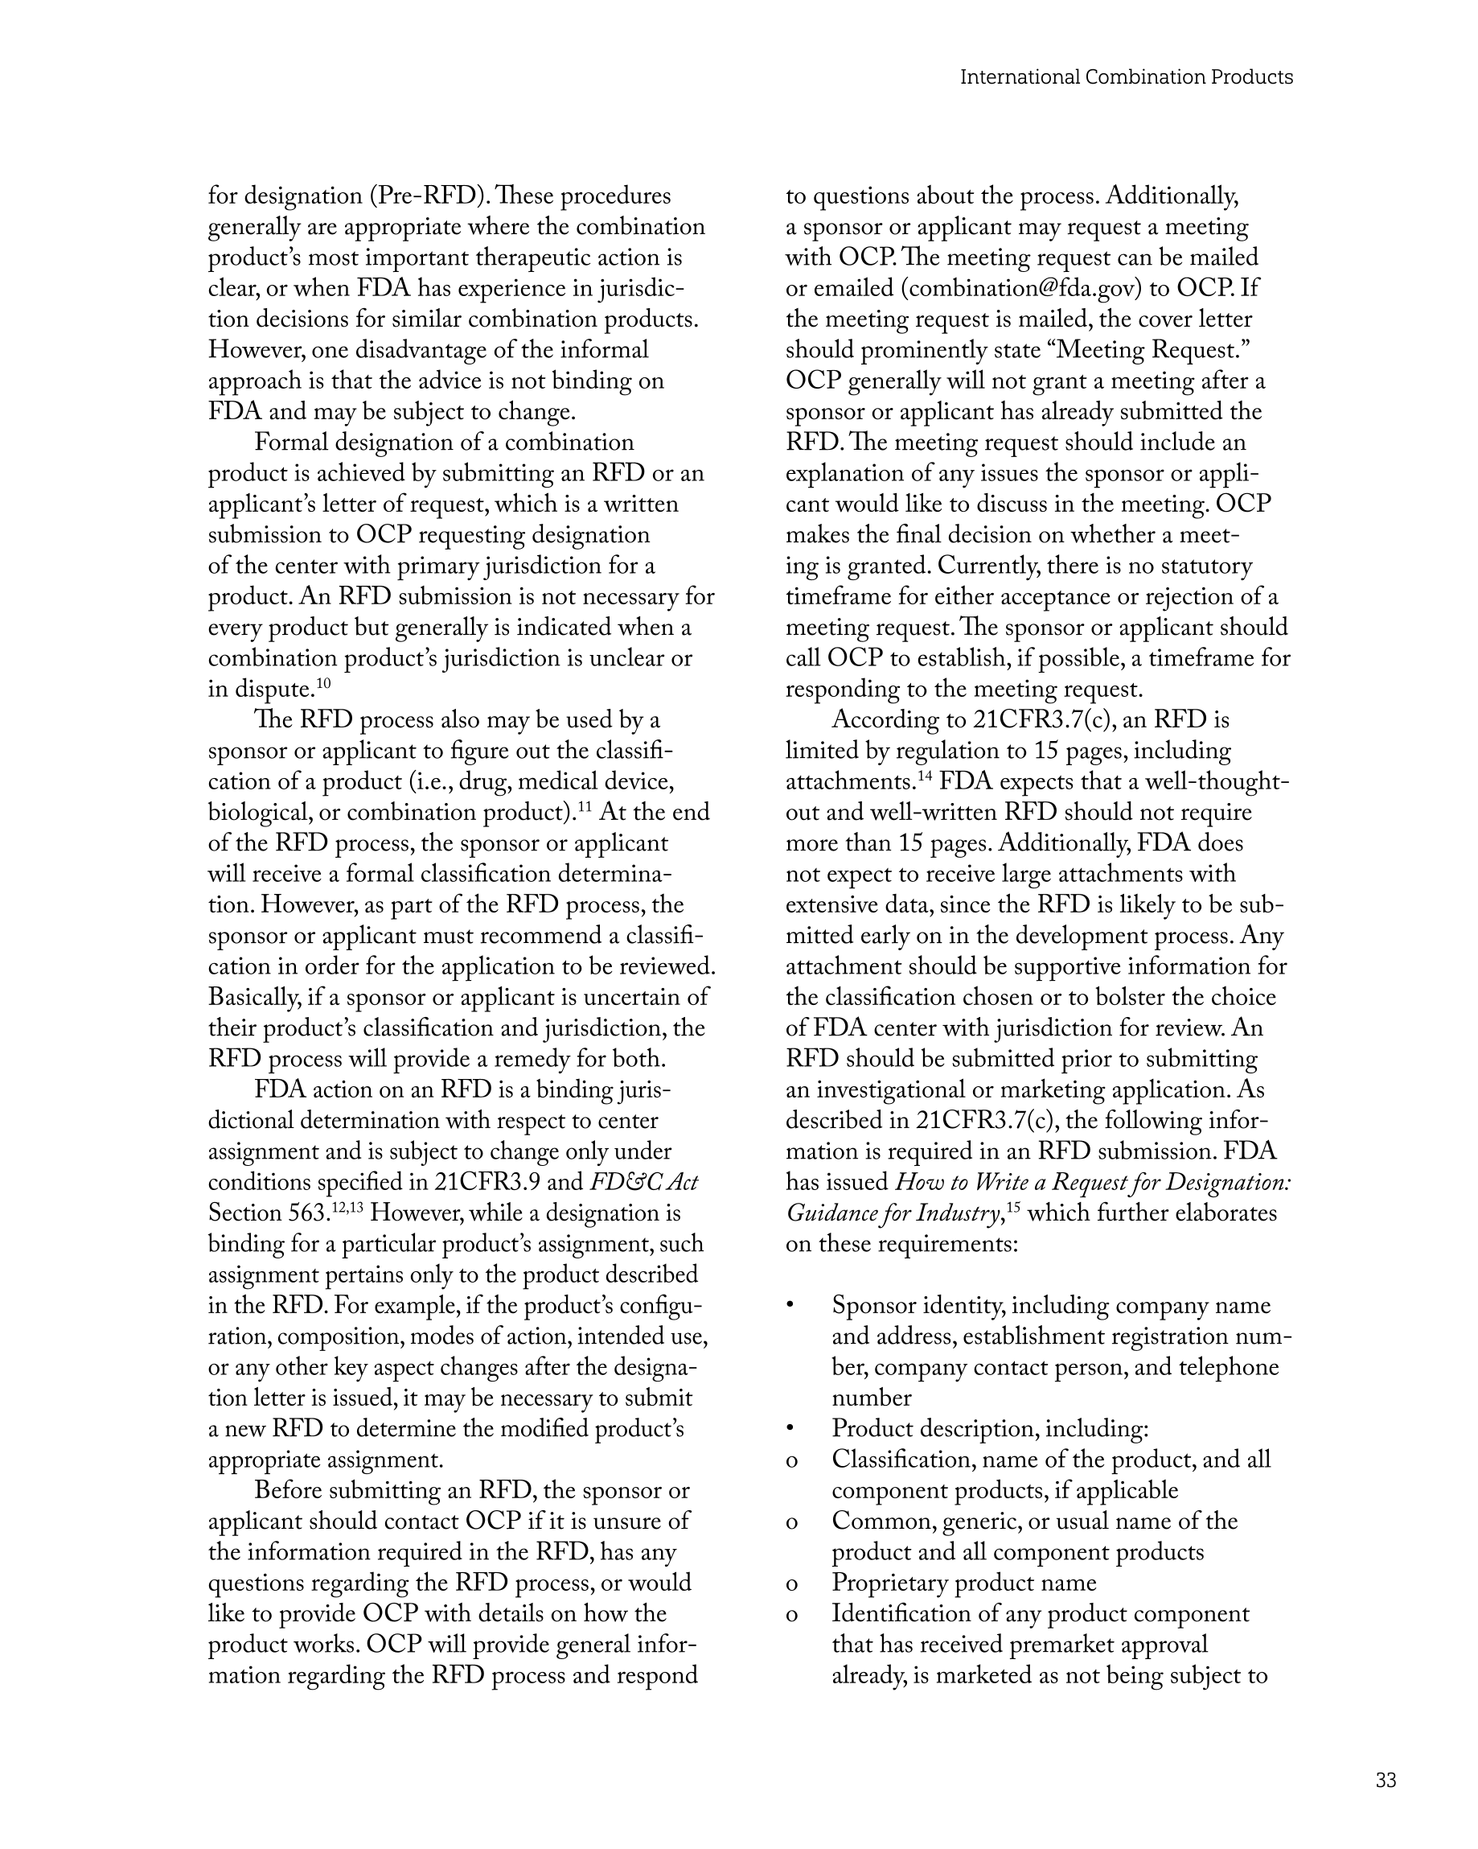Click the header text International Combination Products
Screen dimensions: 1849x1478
tap(1126, 77)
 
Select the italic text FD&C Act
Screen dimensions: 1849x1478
tap(644, 1183)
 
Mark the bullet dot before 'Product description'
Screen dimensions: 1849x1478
tap(791, 1430)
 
